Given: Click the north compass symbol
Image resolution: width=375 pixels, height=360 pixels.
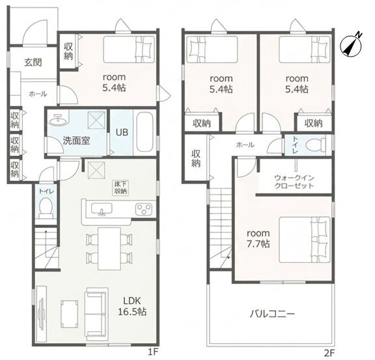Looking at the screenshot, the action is (351, 46).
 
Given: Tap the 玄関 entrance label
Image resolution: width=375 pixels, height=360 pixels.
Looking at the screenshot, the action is (33, 62).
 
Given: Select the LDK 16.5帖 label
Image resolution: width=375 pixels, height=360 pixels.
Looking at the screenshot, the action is (132, 306).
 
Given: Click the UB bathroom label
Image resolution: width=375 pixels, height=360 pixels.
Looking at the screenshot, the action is (122, 132).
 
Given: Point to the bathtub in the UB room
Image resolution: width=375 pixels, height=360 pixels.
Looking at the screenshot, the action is (145, 132).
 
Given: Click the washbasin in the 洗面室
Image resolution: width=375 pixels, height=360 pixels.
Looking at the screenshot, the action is (58, 119).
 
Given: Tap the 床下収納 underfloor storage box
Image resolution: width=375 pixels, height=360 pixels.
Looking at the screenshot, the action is (120, 188).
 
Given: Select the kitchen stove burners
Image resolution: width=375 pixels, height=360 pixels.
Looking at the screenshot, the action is (144, 210).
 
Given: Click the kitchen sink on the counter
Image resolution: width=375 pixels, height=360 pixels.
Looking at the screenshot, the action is (102, 209).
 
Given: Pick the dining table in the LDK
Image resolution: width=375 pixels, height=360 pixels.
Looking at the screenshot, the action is (109, 249).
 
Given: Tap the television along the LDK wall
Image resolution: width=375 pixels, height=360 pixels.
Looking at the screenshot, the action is (41, 314).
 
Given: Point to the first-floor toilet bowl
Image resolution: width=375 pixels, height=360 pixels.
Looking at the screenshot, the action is (46, 208).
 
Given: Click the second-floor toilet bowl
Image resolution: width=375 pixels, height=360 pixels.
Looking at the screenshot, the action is (316, 145).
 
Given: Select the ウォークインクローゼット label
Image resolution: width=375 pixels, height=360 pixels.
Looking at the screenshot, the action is (294, 182).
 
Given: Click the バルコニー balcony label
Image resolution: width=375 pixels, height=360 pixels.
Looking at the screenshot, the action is (272, 314).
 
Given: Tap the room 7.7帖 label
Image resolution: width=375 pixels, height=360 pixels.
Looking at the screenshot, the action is (258, 238).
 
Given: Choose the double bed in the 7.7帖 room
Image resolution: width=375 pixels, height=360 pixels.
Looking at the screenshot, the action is (305, 240).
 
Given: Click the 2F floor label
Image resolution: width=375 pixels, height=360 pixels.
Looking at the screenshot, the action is (329, 353).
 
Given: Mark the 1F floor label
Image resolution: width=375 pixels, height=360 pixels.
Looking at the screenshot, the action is (153, 352).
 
